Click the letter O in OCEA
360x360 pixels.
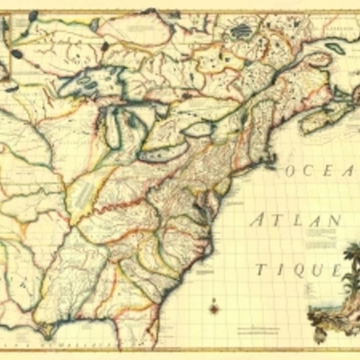[x=292, y=170]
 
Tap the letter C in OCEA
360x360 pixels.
[x=312, y=170]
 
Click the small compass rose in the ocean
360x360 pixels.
[x=214, y=308]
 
